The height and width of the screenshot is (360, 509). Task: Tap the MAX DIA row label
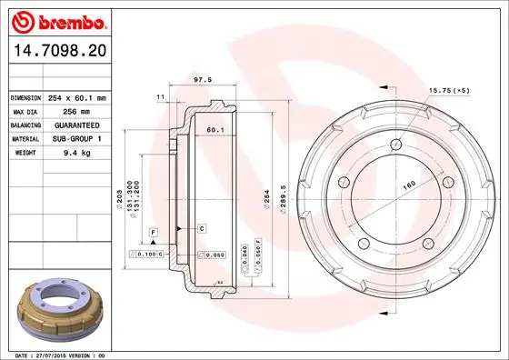click(x=25, y=111)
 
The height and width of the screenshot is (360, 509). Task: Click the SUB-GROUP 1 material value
click(x=75, y=139)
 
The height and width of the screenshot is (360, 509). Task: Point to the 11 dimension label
click(x=160, y=96)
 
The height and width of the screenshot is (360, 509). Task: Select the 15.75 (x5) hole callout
click(x=451, y=89)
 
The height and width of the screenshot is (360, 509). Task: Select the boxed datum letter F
click(x=155, y=234)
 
